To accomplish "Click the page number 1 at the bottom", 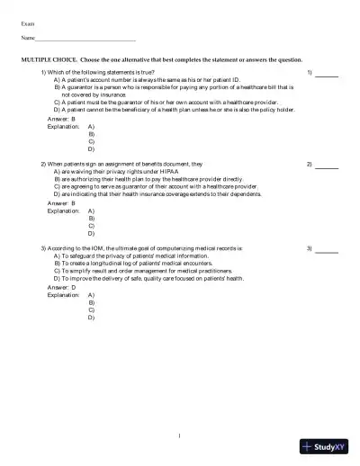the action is coord(180,436).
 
